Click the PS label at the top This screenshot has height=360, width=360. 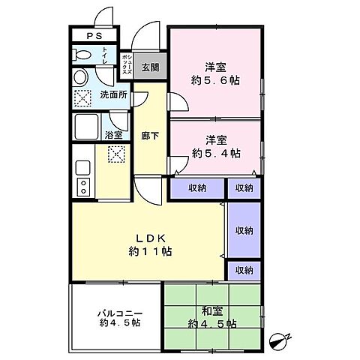[94, 36]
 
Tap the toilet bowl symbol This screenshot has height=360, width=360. [81, 55]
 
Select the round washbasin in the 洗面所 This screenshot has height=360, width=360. [80, 77]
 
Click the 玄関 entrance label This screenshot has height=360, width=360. [150, 67]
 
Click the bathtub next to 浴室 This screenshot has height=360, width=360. [86, 127]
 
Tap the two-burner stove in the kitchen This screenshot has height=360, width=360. [83, 187]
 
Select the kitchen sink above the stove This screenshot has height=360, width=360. [83, 168]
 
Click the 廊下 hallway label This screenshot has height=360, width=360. [150, 136]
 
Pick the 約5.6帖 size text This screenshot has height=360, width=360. [215, 80]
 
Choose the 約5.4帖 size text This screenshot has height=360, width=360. [216, 153]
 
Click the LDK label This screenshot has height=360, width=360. [151, 238]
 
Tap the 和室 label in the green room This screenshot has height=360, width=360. [212, 311]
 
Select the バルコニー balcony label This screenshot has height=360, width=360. [120, 313]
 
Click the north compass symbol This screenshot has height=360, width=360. [279, 341]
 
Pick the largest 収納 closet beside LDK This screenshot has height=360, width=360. [244, 230]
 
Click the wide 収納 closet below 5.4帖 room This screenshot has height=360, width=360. [197, 188]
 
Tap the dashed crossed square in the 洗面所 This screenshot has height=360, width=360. [82, 98]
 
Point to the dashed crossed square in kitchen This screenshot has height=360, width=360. [116, 154]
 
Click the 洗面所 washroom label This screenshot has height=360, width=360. [113, 95]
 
